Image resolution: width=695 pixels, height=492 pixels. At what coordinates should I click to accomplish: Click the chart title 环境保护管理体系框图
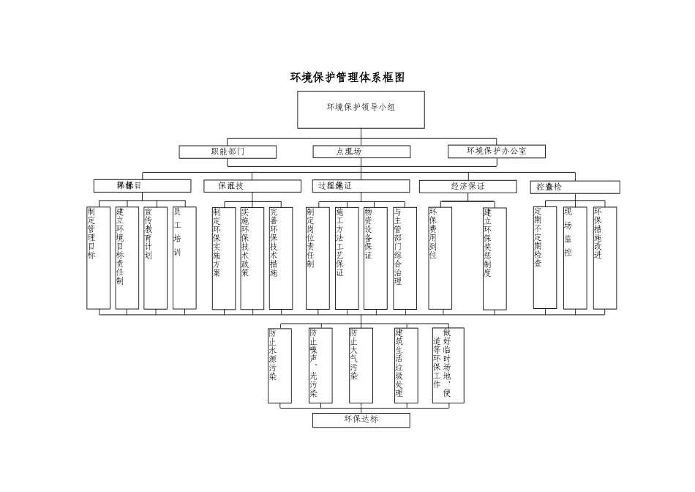click(347, 78)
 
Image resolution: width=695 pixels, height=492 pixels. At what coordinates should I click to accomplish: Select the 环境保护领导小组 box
click(361, 109)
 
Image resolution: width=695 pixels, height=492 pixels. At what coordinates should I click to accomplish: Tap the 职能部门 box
click(228, 152)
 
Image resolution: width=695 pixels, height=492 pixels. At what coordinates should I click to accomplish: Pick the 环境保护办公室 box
click(497, 152)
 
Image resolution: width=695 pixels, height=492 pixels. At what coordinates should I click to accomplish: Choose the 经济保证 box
click(467, 187)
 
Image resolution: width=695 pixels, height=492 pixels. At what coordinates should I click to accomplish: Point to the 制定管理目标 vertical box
click(98, 257)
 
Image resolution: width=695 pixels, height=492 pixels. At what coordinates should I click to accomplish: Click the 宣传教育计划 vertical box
click(155, 257)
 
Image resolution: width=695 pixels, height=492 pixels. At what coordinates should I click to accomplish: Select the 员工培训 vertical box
click(184, 257)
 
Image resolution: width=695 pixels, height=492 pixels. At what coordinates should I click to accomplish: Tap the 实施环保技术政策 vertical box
click(252, 257)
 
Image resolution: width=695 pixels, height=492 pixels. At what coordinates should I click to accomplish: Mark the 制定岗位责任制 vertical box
click(318, 257)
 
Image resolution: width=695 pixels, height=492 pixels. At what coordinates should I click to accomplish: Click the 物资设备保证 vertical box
click(375, 257)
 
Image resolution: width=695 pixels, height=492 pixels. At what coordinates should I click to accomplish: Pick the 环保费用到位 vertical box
click(440, 257)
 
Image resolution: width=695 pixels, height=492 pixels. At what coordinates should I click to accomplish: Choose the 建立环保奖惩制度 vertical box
click(495, 257)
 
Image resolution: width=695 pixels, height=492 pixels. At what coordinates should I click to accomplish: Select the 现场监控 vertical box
click(575, 257)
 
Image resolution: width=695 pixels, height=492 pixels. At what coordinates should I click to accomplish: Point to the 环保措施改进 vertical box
click(604, 257)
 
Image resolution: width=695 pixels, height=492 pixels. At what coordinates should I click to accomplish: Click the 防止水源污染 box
click(279, 365)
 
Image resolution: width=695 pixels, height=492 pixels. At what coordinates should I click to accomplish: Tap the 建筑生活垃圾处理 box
click(406, 365)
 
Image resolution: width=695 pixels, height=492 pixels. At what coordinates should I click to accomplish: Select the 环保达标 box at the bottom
click(361, 420)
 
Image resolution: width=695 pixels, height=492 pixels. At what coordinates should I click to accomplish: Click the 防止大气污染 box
click(361, 365)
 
